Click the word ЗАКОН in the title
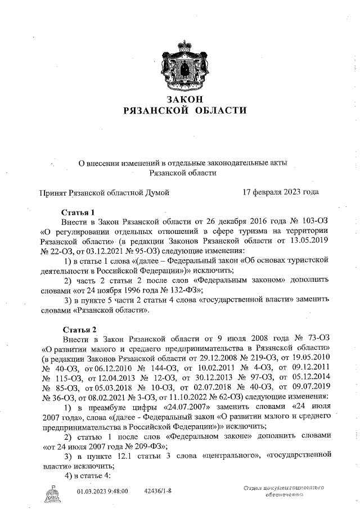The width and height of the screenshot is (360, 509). [184, 100]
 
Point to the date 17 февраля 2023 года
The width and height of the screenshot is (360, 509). [280, 192]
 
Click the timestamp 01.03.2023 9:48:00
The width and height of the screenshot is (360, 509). [102, 492]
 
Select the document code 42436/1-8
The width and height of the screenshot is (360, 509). [158, 492]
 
